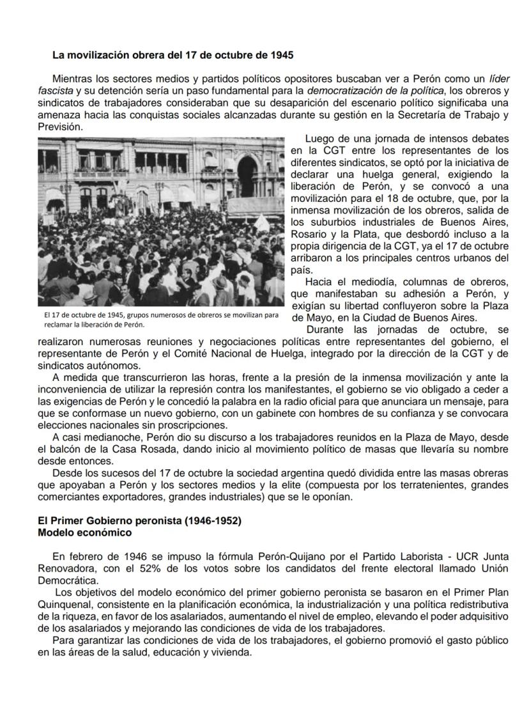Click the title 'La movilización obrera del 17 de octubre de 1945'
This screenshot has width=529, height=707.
173,55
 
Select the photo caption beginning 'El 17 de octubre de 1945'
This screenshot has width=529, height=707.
161,320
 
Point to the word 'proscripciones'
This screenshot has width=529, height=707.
191,425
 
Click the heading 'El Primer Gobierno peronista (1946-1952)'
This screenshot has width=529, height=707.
139,521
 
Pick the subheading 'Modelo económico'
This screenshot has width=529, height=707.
84,532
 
